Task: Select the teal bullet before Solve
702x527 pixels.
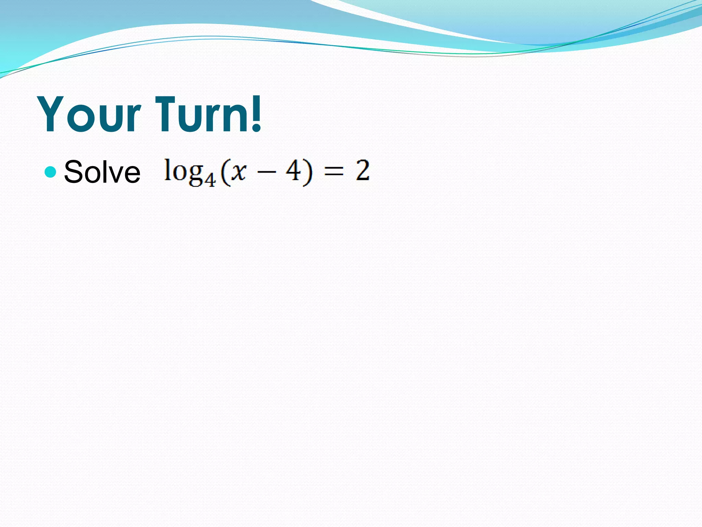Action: click(x=50, y=172)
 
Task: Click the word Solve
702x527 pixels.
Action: click(x=102, y=172)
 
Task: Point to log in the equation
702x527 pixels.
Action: click(x=185, y=172)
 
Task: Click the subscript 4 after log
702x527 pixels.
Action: click(x=210, y=179)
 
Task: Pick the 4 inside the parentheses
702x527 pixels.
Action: click(x=293, y=171)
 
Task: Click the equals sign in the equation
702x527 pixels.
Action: click(x=334, y=172)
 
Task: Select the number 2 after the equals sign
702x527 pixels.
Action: click(x=363, y=171)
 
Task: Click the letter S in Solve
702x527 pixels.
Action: click(x=73, y=172)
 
